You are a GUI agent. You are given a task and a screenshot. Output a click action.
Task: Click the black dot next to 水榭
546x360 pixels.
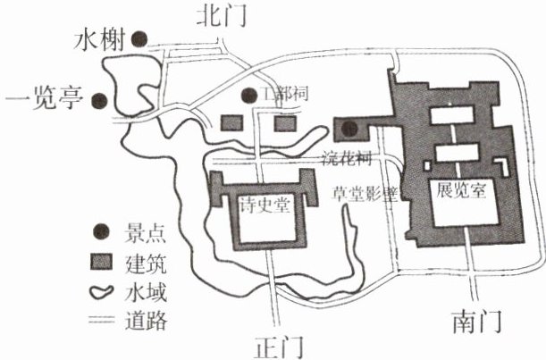click(140, 38)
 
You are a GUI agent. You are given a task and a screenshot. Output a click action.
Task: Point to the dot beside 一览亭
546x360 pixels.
click(104, 100)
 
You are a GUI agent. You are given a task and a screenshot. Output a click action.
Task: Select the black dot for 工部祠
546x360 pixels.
click(247, 95)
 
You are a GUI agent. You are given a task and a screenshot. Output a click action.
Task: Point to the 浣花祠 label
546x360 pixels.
click(344, 157)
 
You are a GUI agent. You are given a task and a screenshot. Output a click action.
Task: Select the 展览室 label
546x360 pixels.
click(462, 191)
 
